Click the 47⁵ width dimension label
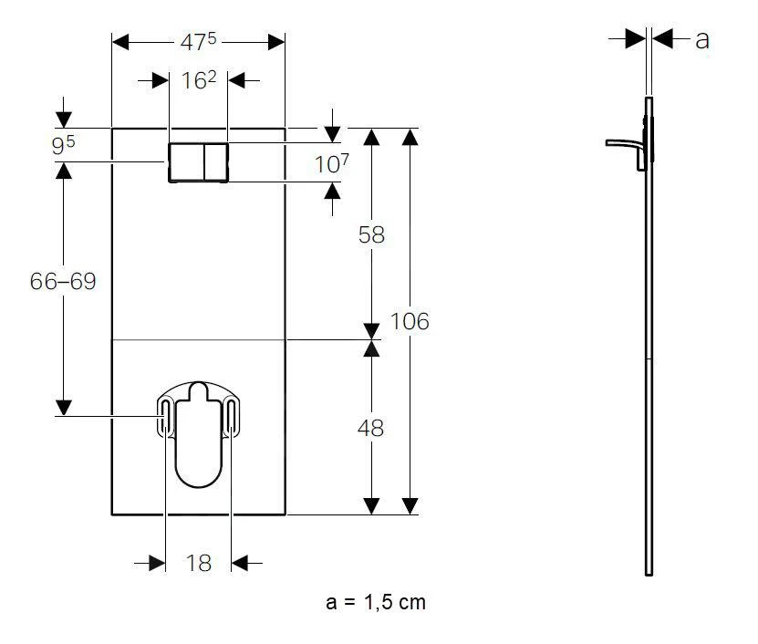[198, 42]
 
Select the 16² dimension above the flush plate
[199, 80]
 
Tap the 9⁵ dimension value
[63, 145]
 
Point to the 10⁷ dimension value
[332, 163]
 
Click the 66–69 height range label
[63, 281]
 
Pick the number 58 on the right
[371, 235]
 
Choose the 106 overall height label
[410, 321]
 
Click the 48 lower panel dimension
[370, 428]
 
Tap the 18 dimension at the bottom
[198, 563]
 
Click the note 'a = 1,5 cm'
[376, 602]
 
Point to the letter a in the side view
[702, 40]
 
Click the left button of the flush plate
[186, 162]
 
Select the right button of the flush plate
[216, 162]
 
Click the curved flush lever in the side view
[625, 143]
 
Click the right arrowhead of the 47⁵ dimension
[276, 42]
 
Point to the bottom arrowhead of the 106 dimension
[410, 506]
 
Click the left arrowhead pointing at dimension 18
[157, 563]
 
